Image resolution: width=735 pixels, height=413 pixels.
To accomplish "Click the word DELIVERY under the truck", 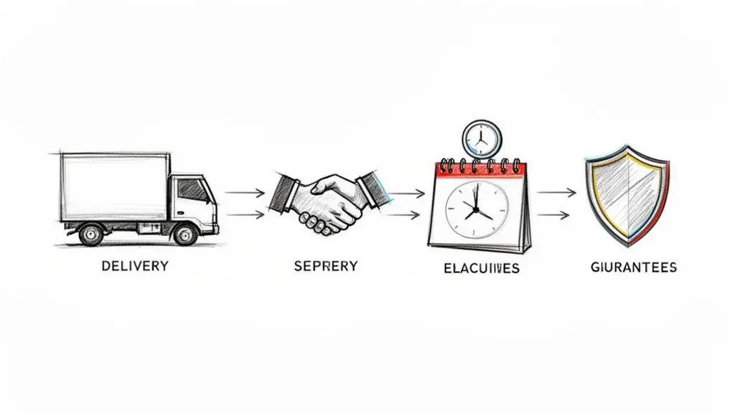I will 135,266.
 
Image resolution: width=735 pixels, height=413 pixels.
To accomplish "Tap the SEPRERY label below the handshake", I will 325,266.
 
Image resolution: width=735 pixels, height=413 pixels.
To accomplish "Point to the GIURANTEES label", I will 633,267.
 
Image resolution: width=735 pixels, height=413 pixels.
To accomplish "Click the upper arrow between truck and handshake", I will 244,192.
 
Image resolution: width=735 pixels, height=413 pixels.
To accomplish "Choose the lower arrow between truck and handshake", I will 244,214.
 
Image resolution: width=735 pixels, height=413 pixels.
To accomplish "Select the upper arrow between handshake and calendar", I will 407,193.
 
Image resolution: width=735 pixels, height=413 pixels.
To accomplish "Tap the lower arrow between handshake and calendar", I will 407,214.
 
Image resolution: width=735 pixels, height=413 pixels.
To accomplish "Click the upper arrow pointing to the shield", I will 557,192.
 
